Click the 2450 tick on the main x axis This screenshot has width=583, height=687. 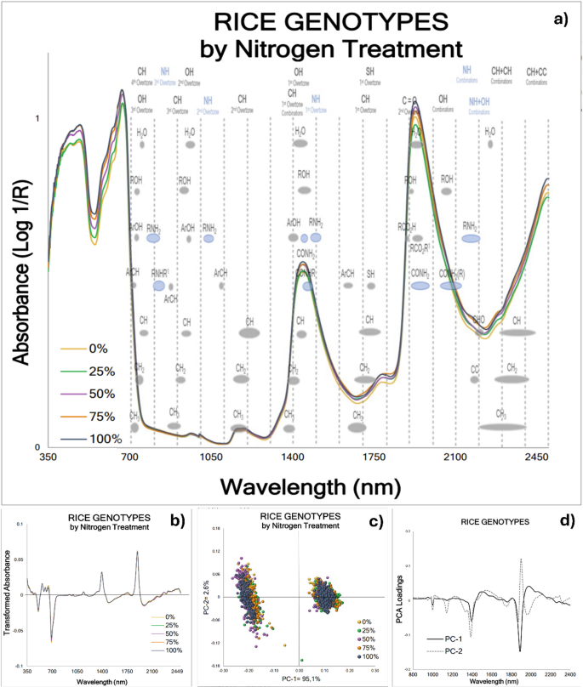point(535,457)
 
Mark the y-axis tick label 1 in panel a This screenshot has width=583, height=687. point(37,118)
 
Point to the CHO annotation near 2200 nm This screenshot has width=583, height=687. point(479,320)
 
